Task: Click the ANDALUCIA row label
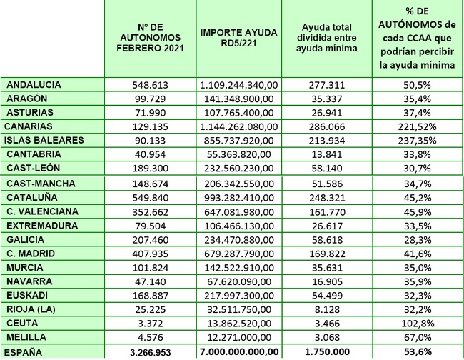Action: (34, 85)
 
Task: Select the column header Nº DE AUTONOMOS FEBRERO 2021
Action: (151, 38)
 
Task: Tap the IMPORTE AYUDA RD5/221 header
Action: (239, 38)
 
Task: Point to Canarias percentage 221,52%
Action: (417, 126)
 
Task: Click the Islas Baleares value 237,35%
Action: (417, 140)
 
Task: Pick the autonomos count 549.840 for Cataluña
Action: (151, 198)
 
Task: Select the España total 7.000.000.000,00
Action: (239, 351)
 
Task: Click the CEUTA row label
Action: (22, 323)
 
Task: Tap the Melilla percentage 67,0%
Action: (418, 337)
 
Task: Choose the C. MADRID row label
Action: (31, 254)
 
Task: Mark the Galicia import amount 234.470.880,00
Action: (239, 240)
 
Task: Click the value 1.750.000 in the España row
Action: (327, 351)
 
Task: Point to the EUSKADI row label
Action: (27, 296)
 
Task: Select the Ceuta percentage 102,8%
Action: (418, 324)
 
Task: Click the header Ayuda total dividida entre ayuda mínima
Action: (327, 38)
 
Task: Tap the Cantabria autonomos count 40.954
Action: (151, 154)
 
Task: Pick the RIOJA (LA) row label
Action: (31, 309)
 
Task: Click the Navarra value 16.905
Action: (327, 281)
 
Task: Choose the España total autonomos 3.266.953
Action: (151, 352)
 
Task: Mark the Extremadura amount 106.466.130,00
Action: (239, 226)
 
